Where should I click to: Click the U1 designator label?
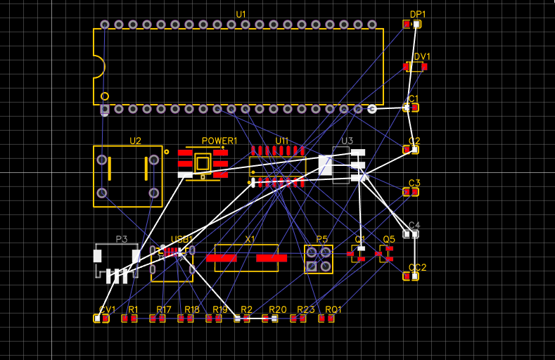click(x=241, y=14)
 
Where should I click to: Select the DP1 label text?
click(x=418, y=14)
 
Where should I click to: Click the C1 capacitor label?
click(x=414, y=98)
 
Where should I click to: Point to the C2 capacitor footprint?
click(x=411, y=150)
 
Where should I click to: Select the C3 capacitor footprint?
click(x=411, y=192)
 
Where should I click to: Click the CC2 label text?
click(x=418, y=267)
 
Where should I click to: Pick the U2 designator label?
click(x=135, y=141)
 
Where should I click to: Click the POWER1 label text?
click(x=219, y=141)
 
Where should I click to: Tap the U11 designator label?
click(x=281, y=141)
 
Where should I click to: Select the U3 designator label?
click(x=347, y=141)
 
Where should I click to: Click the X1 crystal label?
click(x=250, y=239)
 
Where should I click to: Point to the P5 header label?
click(x=321, y=239)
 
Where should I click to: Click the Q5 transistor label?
click(x=389, y=239)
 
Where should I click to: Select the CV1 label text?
click(x=107, y=309)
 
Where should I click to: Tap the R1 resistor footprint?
click(x=129, y=319)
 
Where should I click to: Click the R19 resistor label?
click(x=220, y=309)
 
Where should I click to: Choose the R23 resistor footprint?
click(x=298, y=319)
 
